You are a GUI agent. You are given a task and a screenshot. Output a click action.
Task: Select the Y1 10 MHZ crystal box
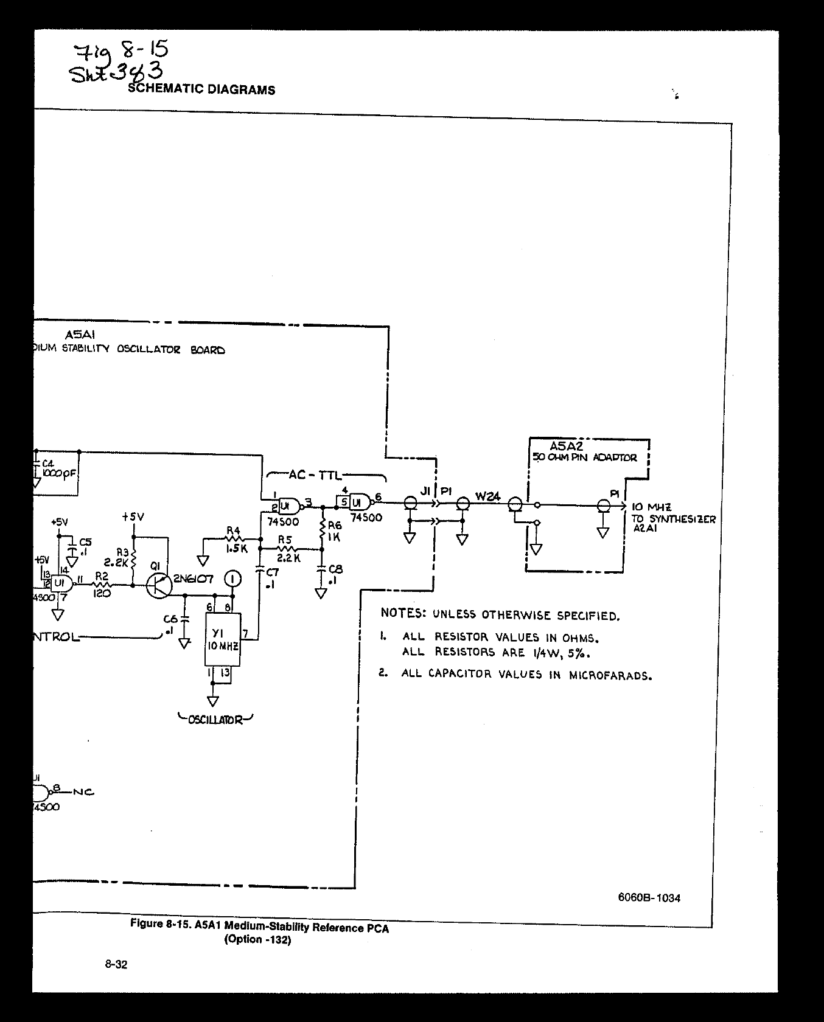(222, 639)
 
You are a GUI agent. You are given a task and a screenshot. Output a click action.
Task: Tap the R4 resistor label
(233, 530)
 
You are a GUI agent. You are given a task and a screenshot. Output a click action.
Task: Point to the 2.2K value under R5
(288, 558)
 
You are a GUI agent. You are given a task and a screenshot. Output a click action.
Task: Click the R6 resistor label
(334, 526)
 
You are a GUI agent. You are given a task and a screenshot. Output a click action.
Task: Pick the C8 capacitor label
(335, 569)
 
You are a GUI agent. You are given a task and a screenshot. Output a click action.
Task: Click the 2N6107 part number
(193, 579)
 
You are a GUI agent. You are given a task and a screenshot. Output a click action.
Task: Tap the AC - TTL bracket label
(315, 475)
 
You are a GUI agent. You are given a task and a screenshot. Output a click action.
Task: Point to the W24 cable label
(487, 496)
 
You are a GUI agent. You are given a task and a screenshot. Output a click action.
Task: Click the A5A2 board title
(566, 447)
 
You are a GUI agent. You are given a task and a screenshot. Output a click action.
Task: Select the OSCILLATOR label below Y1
(215, 720)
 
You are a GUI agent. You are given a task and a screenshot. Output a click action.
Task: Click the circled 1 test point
(232, 579)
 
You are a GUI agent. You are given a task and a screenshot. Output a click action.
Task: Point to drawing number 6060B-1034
(649, 898)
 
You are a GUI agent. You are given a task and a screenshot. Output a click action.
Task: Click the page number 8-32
(116, 965)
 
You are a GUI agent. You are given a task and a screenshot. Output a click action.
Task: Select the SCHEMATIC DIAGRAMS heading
(201, 90)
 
